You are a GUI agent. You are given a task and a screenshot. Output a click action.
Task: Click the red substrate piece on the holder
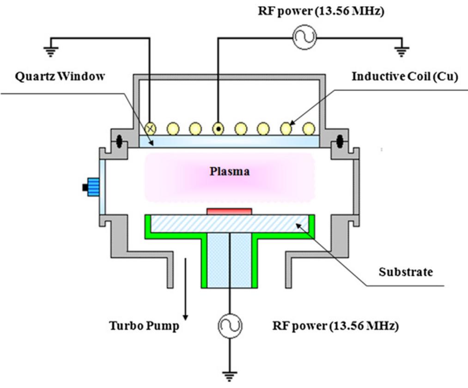(230, 212)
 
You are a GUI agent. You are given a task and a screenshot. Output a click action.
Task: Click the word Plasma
(230, 172)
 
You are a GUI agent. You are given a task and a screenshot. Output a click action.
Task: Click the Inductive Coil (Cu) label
(404, 77)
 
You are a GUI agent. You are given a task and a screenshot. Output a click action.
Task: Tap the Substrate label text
(406, 272)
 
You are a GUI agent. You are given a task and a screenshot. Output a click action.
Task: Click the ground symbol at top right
(402, 51)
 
